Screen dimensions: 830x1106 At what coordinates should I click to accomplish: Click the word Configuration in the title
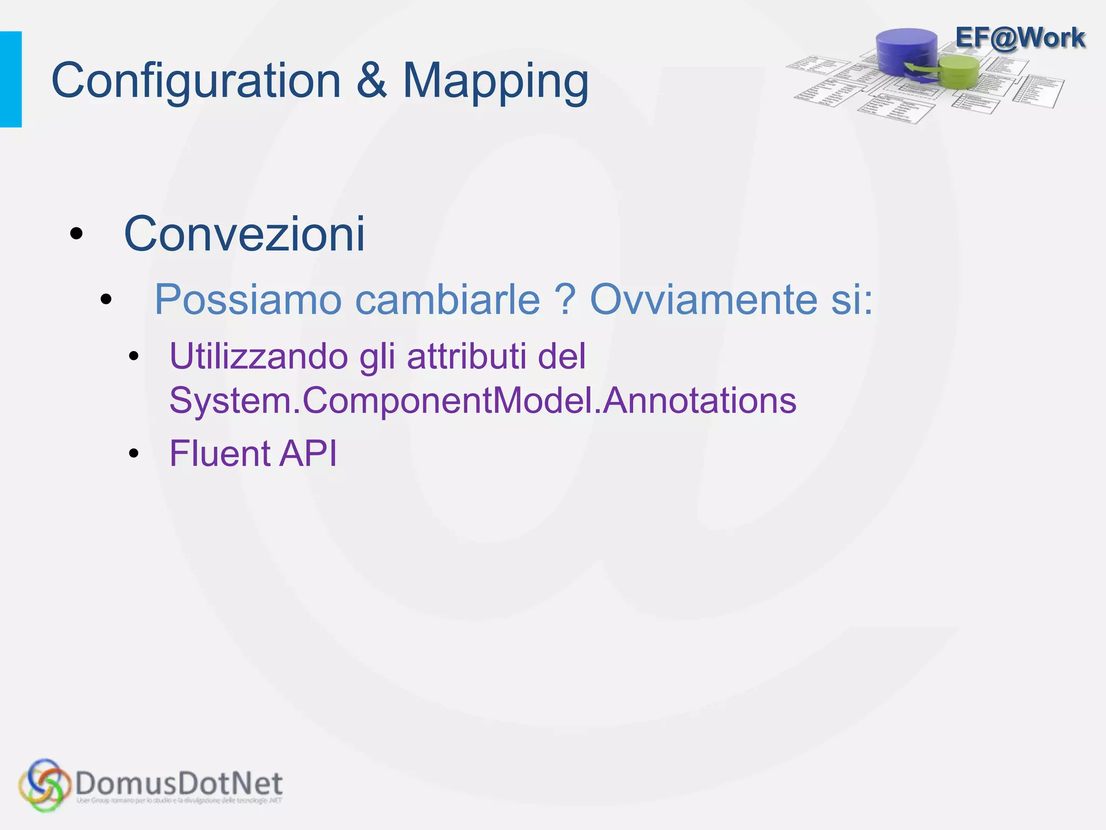(x=195, y=81)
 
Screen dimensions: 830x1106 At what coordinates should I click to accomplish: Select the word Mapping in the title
(x=495, y=81)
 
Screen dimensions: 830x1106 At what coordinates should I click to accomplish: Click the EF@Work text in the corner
(x=1020, y=38)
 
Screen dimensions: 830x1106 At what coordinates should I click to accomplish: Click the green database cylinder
(x=959, y=72)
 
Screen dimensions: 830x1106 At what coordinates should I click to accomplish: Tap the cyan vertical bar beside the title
(x=11, y=79)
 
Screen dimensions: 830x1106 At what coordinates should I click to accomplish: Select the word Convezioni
(x=244, y=234)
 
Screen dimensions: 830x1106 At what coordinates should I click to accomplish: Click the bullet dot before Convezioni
(x=77, y=234)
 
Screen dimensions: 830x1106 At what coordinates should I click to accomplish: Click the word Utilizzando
(x=259, y=357)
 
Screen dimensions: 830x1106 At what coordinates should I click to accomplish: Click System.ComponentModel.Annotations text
(x=483, y=400)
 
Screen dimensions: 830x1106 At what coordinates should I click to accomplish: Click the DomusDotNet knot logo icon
(x=44, y=785)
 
